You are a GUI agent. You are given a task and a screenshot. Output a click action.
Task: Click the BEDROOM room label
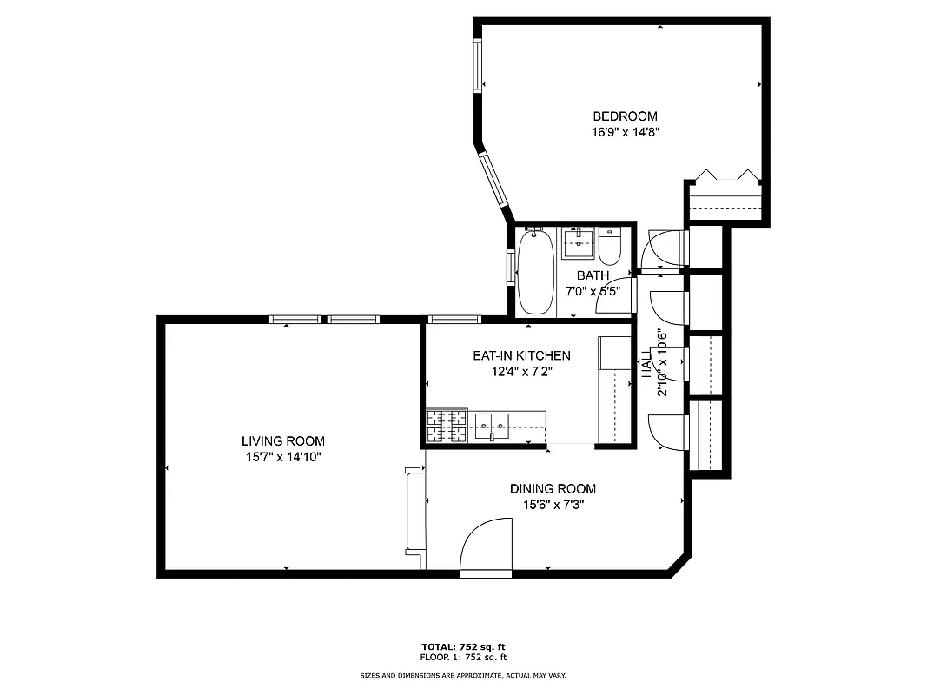[625, 116]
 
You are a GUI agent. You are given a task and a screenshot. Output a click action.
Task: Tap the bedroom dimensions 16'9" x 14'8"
[625, 133]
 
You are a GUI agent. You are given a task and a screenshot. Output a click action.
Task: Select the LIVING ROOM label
[283, 441]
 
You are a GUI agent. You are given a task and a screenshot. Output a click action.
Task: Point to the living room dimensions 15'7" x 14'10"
[283, 457]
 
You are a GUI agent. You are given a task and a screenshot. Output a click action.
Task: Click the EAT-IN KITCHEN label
[521, 355]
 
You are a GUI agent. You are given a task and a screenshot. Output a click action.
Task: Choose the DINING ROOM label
[553, 489]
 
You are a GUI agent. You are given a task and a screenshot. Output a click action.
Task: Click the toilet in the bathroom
[609, 246]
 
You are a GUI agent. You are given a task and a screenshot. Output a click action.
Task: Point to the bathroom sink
[577, 243]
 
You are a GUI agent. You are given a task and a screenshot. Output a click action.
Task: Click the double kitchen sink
[492, 425]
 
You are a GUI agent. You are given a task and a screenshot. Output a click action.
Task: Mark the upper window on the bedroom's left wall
[478, 65]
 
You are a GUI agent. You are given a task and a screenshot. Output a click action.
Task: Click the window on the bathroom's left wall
[510, 268]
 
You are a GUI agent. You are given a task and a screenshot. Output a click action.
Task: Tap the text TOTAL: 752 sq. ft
[463, 646]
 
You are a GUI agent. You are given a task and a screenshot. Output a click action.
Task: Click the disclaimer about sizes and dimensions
[463, 675]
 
